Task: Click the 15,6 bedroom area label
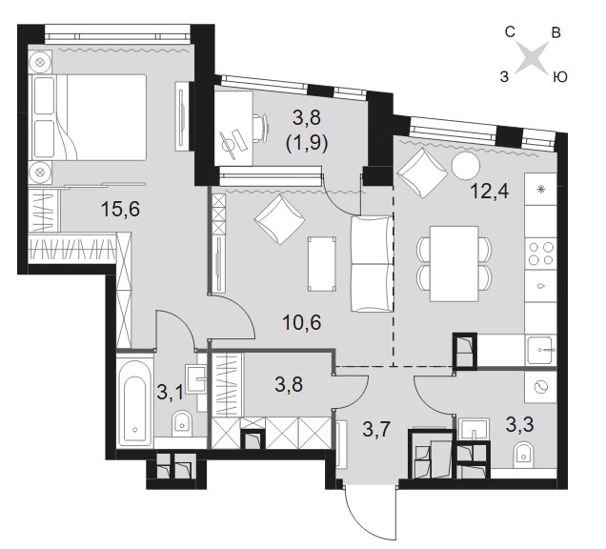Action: coord(120,210)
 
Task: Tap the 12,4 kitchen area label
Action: coord(490,191)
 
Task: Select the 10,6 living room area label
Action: coord(302,322)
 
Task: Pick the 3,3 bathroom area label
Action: coord(520,424)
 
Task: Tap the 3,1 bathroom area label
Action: coord(170,392)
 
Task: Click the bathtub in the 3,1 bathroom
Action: coord(134,402)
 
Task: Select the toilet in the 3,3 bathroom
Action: coord(525,456)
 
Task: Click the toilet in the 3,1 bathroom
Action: coord(181,421)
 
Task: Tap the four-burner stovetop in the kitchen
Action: coord(540,254)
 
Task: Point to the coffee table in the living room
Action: coord(321,264)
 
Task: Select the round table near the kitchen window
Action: coord(466,166)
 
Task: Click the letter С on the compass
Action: coord(510,32)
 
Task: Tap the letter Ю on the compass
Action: coord(560,77)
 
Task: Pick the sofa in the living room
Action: coord(372,264)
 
